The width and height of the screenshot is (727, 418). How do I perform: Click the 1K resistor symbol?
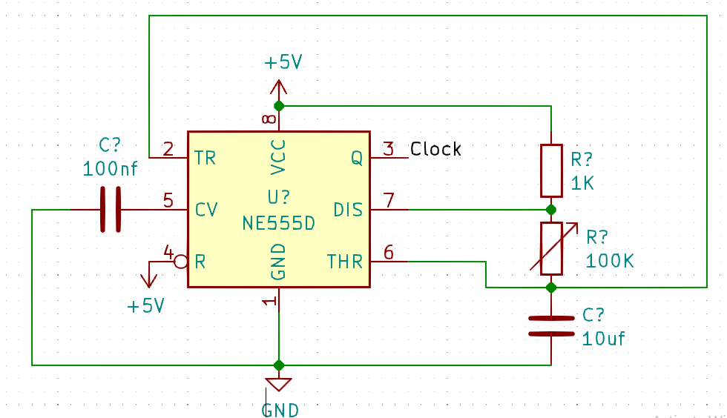click(x=551, y=170)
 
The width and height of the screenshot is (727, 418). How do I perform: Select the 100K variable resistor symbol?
click(x=551, y=248)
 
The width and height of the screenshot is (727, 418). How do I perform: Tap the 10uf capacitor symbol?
click(x=551, y=325)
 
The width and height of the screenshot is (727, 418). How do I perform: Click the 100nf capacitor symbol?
click(x=110, y=210)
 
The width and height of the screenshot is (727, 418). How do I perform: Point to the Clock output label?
click(x=435, y=149)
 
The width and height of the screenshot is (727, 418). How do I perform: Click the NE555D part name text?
click(x=278, y=223)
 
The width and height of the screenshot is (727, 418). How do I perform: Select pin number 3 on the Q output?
click(x=389, y=148)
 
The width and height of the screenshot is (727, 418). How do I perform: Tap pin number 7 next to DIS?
click(x=389, y=200)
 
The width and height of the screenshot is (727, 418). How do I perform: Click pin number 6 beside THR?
click(x=389, y=252)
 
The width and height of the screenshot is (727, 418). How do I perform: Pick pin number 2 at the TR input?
click(x=168, y=148)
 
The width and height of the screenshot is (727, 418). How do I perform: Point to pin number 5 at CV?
click(x=168, y=200)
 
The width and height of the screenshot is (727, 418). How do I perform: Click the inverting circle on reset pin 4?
click(x=180, y=262)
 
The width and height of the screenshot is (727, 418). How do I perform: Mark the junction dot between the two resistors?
click(x=551, y=210)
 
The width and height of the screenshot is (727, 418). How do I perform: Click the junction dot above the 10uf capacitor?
click(x=551, y=287)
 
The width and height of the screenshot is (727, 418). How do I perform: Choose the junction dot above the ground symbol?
click(x=279, y=365)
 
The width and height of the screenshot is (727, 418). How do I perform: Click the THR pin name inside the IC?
click(x=345, y=262)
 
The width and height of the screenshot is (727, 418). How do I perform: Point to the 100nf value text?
click(x=111, y=169)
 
